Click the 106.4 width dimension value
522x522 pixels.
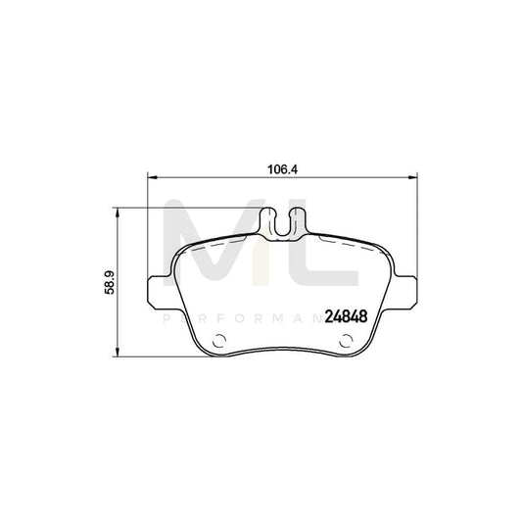281,168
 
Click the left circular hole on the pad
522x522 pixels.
219,343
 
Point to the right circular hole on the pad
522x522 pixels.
344,343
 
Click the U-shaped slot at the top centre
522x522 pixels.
282,223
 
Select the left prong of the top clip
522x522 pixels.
271,222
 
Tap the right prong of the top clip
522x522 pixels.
293,222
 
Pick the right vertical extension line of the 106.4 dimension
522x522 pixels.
416,235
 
